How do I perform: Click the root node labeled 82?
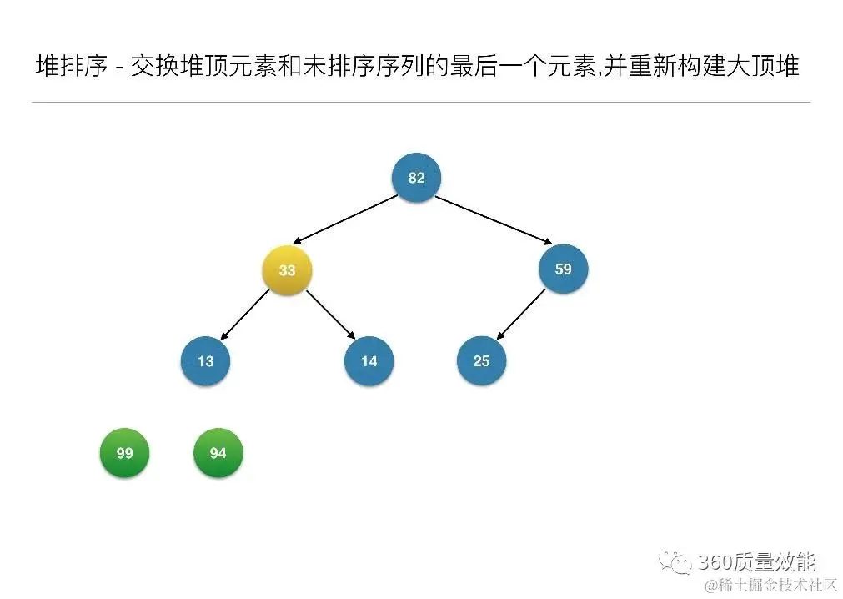tap(416, 178)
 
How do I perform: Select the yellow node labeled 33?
tap(287, 270)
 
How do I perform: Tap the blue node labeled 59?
tap(563, 269)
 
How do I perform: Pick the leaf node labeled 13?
tap(205, 361)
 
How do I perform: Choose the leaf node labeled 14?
tap(369, 361)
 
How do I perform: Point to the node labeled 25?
tap(481, 361)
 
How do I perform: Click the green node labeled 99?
tap(124, 453)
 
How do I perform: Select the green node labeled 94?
tap(218, 453)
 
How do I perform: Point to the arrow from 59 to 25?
tap(522, 315)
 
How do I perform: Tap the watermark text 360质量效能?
tap(756, 561)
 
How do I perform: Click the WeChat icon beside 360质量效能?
tap(675, 562)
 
